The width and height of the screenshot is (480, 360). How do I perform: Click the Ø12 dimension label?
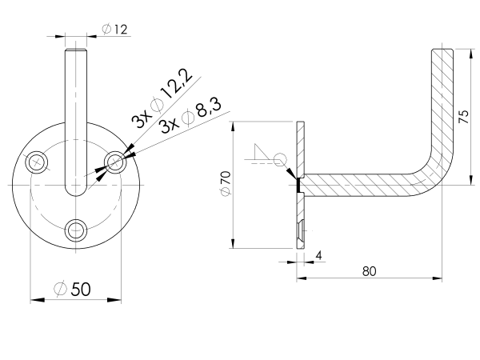(115, 30)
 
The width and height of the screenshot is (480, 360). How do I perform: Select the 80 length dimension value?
(369, 270)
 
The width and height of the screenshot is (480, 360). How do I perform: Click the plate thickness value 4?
(318, 256)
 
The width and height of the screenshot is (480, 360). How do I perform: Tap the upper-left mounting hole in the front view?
(36, 162)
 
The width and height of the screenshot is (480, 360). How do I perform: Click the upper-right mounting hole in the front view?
(115, 162)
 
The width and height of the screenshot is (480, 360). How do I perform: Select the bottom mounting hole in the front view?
(76, 230)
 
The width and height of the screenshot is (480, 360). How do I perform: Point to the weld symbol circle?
(280, 160)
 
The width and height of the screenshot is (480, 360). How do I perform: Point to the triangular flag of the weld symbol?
(260, 153)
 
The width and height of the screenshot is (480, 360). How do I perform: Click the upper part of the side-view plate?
(300, 144)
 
